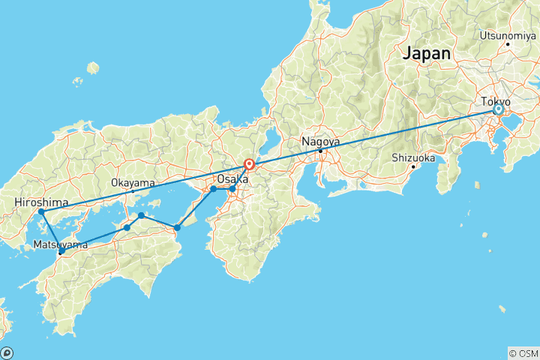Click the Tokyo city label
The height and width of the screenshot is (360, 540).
pyautogui.click(x=496, y=100)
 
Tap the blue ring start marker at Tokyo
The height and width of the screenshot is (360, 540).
pyautogui.click(x=498, y=110)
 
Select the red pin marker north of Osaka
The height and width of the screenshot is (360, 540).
pyautogui.click(x=249, y=164)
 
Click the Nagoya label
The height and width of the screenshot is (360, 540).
pyautogui.click(x=320, y=141)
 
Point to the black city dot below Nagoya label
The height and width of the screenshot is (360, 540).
pyautogui.click(x=321, y=151)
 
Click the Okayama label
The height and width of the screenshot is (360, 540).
pyautogui.click(x=133, y=182)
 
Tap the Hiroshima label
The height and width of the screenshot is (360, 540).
pyautogui.click(x=41, y=202)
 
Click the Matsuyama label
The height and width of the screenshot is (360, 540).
pyautogui.click(x=59, y=244)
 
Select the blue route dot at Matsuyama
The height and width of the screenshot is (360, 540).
pyautogui.click(x=61, y=252)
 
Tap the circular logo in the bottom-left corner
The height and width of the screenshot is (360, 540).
pyautogui.click(x=7, y=352)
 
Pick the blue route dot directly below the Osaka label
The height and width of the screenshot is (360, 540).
pyautogui.click(x=232, y=189)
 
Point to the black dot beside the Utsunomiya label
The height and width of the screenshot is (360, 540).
pyautogui.click(x=508, y=43)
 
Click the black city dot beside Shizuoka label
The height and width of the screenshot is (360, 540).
pyautogui.click(x=412, y=166)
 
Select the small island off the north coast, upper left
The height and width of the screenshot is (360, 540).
pyautogui.click(x=92, y=68)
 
